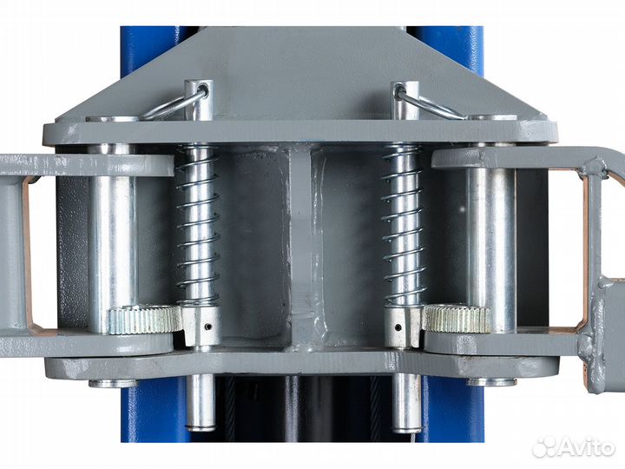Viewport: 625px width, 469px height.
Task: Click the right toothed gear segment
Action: coord(457,318)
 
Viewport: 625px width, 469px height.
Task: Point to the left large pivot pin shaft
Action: coord(112,240)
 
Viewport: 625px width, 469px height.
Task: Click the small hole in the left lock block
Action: coord(207,327)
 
